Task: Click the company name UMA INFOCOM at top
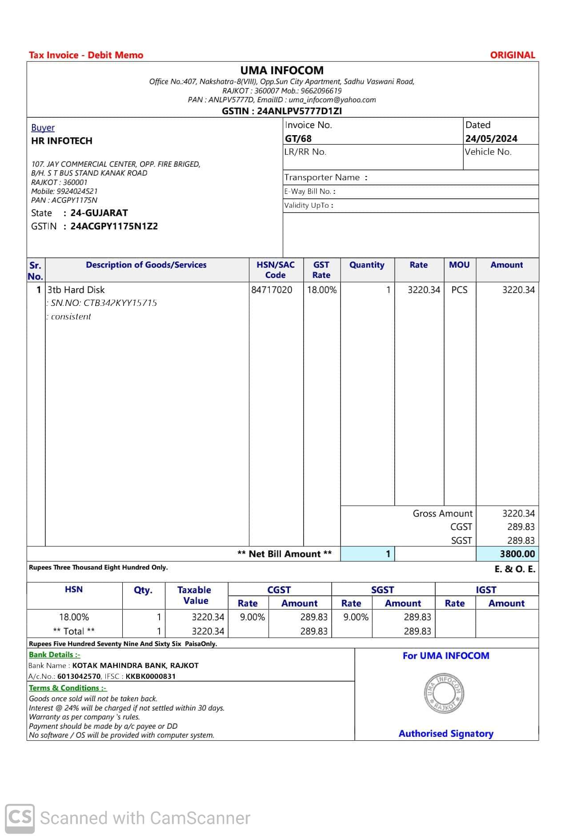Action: [x=282, y=70]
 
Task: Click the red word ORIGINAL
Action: [x=512, y=55]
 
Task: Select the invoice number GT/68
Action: [x=298, y=138]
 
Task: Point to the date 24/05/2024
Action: [x=491, y=138]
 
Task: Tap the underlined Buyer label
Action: [x=43, y=128]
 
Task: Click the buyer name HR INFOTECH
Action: [x=62, y=141]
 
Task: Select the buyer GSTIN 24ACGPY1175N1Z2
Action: [x=114, y=226]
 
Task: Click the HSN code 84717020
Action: [x=272, y=290]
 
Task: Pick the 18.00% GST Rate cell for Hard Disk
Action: [x=322, y=290]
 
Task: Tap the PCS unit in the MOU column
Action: [x=459, y=290]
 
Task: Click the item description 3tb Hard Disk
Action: [x=76, y=290]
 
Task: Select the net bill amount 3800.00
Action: [x=517, y=554]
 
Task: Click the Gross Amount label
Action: [x=442, y=514]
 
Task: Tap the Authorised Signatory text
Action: [x=446, y=734]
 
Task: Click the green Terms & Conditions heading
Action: [x=68, y=688]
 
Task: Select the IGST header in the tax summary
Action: [x=486, y=590]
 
